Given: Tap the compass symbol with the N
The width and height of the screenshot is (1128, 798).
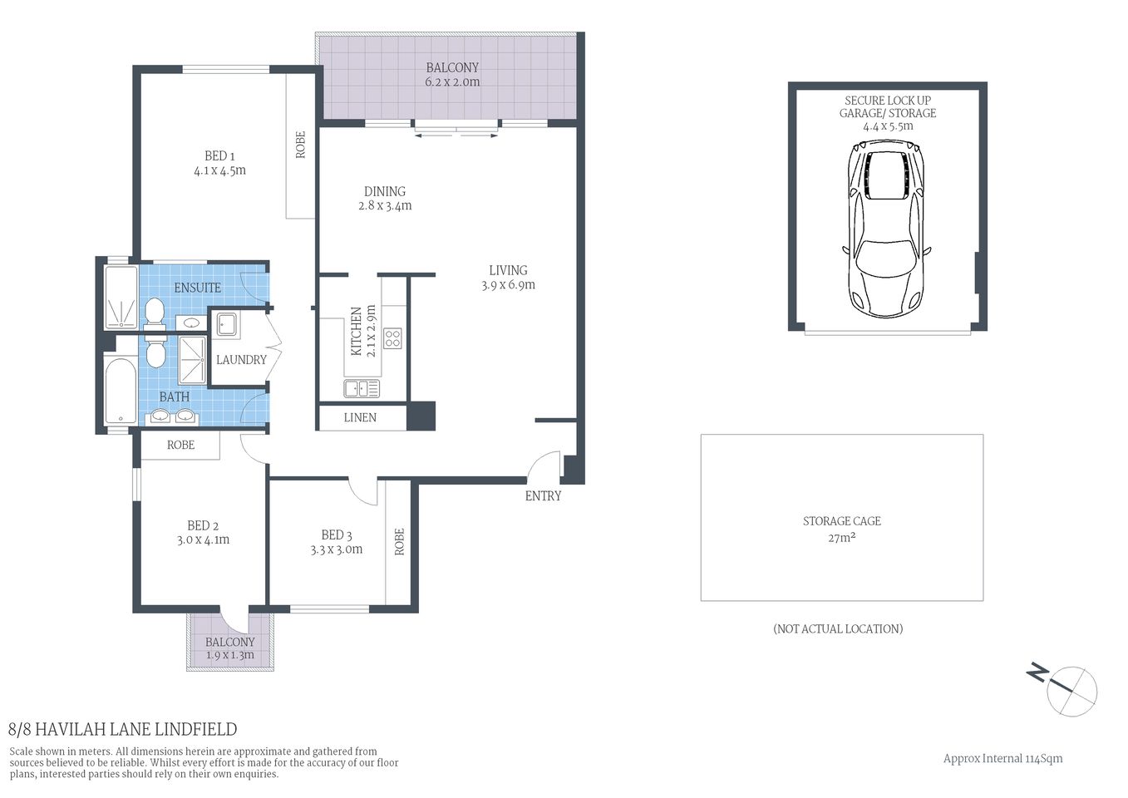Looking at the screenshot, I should point(1071,689).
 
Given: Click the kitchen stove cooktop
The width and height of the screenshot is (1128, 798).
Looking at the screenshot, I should point(392,337).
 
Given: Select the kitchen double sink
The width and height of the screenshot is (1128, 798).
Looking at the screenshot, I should point(362,388).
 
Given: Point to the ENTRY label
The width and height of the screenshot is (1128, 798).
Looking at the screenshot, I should point(543,496).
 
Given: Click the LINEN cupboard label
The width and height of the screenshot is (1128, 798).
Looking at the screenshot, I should point(360,418).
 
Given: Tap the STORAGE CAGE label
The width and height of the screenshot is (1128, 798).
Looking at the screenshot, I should point(841,521).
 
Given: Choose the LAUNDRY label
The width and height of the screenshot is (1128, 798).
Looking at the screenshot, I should point(241,360).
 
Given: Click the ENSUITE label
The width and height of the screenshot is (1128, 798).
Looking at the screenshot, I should point(197,288).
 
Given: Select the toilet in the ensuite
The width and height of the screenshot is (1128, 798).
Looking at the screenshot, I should point(154,313).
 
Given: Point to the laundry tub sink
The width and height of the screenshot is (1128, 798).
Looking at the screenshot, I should point(228,325).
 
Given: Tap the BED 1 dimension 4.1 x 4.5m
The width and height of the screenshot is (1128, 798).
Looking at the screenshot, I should point(219,170).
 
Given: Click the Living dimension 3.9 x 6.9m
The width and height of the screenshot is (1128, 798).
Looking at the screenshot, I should point(508,285).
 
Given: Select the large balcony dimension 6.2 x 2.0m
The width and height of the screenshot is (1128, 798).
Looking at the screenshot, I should point(452,82).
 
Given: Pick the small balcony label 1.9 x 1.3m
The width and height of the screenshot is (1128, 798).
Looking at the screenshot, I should point(229,655).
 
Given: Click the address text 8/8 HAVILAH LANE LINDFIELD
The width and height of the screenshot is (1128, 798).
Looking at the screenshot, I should point(122,730).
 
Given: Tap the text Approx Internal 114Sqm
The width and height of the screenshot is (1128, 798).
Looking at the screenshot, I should point(1002,758).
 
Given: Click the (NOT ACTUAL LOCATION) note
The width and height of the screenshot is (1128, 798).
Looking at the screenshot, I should point(837,629).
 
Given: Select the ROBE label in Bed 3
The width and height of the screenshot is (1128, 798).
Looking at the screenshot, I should point(399,542).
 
